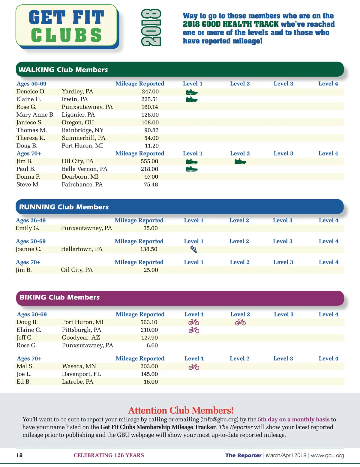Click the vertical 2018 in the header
point(151,28)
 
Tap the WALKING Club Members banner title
point(63,70)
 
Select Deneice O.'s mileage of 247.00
point(150,91)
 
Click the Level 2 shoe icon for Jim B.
point(240,162)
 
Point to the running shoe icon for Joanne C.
point(194,249)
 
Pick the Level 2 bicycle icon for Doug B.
point(240,323)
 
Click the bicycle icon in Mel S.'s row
point(194,367)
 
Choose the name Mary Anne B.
point(35,115)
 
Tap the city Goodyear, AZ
point(81,338)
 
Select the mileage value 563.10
point(149,322)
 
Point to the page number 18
point(19,455)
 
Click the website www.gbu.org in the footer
point(327,455)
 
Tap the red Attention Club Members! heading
point(181,410)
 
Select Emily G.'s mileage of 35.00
point(150,228)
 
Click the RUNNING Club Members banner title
point(64,207)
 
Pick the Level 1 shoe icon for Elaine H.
point(192,99)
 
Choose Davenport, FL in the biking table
point(81,374)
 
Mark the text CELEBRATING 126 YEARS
point(109,455)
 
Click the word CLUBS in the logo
point(66,35)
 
